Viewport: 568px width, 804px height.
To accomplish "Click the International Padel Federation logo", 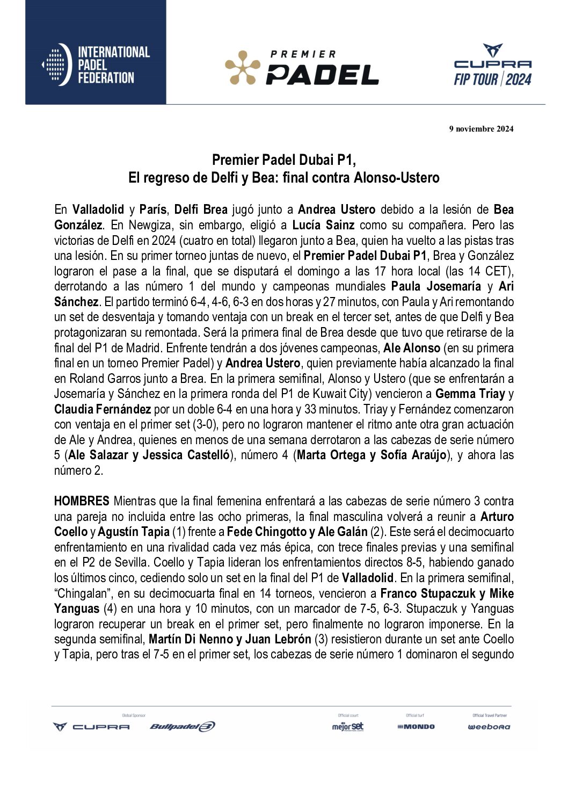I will coord(96,66).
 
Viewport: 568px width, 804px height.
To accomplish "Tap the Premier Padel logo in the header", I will coord(302,68).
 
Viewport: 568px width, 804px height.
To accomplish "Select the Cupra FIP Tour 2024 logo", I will coord(492,66).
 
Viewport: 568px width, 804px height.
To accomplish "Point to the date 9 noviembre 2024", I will coord(481,128).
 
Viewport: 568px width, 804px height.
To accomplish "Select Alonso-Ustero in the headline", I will coord(396,177).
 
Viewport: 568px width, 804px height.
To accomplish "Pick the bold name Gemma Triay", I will coord(470,394).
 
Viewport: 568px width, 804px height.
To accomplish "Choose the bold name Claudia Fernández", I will coord(103,409).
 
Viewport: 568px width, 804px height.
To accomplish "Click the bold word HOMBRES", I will coord(82,501).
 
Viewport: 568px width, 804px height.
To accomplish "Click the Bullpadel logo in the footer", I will coord(183,727).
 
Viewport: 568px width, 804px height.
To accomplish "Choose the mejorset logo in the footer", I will coord(347,727).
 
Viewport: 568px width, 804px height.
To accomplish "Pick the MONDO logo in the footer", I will coord(416,727).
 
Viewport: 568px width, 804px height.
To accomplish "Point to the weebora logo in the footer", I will coord(489,727).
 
